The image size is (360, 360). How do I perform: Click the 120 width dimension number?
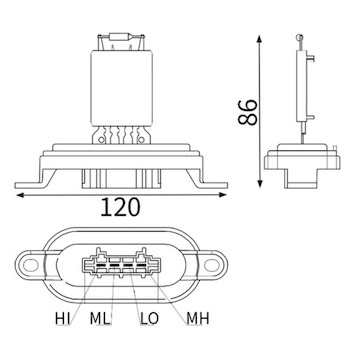coord(120,207)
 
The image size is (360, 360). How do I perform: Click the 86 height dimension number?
coord(248,112)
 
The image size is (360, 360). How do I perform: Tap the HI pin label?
coord(62,319)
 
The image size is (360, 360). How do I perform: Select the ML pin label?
coord(100,319)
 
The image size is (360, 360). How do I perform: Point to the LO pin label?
coord(149,319)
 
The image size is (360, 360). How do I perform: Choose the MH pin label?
coord(198,319)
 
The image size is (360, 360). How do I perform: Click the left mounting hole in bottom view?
coord(30,265)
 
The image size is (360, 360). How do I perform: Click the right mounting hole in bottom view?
coord(212,265)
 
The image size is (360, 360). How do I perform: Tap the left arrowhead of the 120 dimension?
coord(19,195)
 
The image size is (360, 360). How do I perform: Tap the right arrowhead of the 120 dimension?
coord(223,195)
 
